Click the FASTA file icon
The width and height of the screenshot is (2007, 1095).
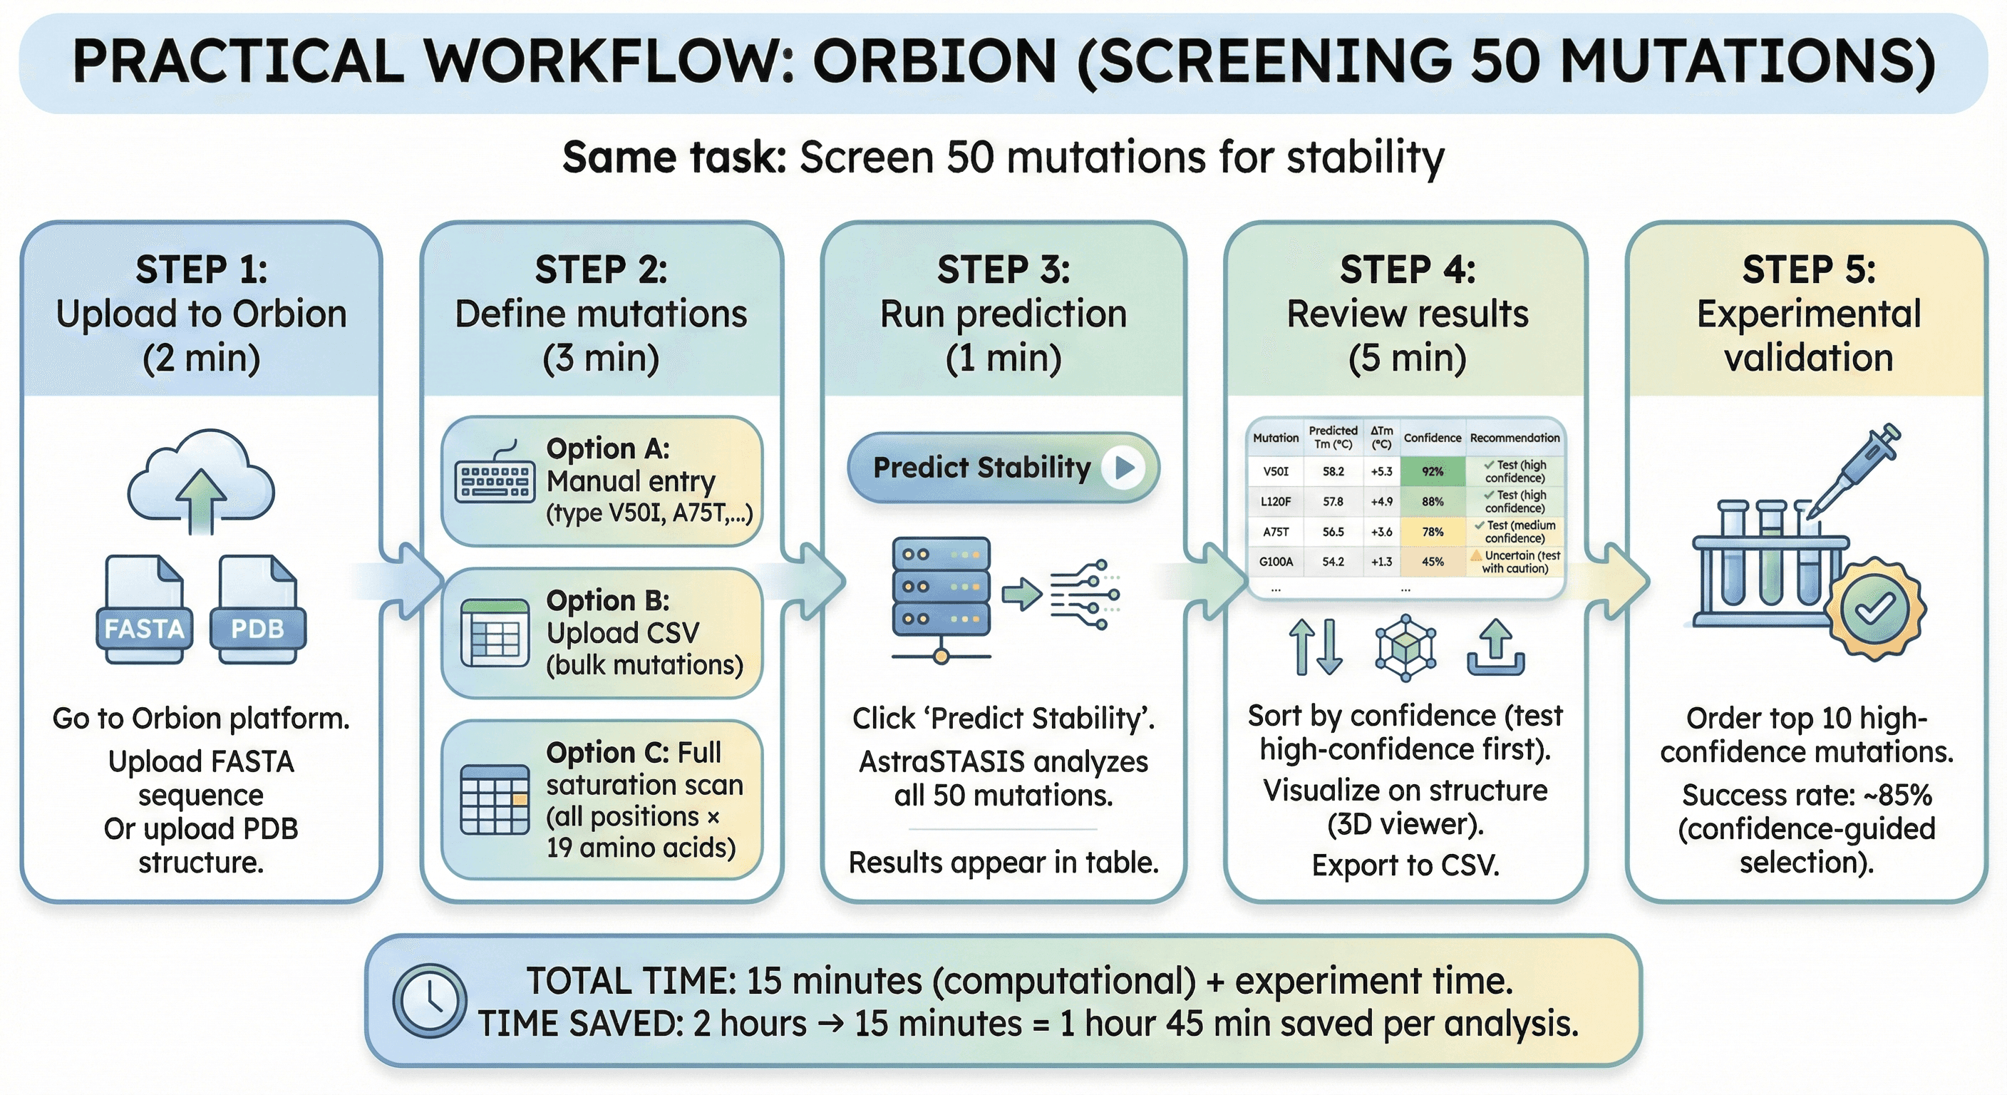click(144, 609)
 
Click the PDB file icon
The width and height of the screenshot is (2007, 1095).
click(258, 609)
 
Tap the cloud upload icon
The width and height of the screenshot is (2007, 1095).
click(201, 480)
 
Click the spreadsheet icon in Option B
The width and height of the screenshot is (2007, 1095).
click(495, 633)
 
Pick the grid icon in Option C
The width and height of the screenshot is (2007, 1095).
click(495, 800)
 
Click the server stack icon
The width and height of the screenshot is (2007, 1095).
click(941, 596)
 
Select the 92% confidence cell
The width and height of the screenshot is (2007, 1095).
click(1432, 471)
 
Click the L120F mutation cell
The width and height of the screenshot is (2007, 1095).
click(1276, 502)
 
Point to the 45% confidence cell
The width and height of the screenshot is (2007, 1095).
click(1432, 561)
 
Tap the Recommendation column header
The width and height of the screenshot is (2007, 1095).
click(1515, 438)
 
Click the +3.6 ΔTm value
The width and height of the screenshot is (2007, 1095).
click(1381, 532)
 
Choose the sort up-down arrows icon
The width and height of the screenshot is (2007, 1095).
click(1316, 647)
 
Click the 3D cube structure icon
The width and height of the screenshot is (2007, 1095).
click(1405, 647)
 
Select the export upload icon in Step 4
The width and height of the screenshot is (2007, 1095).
click(1495, 647)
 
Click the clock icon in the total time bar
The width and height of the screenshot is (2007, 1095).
click(429, 1000)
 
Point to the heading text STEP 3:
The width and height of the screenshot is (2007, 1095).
click(1004, 269)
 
